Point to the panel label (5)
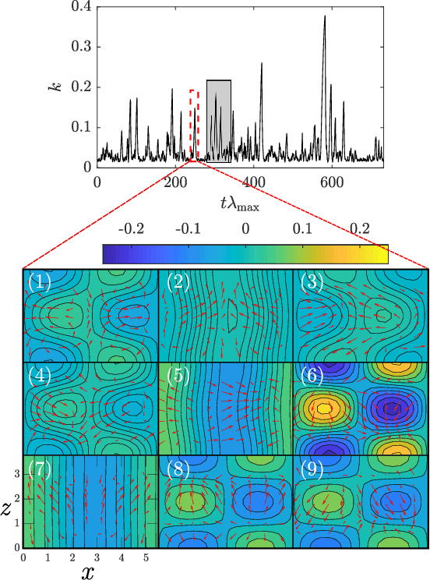coord(174,375)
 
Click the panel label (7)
coord(39,468)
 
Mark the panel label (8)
coord(174,468)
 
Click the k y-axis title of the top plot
coord(53,87)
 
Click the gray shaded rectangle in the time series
coord(219,121)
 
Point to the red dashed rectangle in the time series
coord(194,125)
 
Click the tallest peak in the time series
coord(324,17)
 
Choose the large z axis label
coord(7,510)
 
